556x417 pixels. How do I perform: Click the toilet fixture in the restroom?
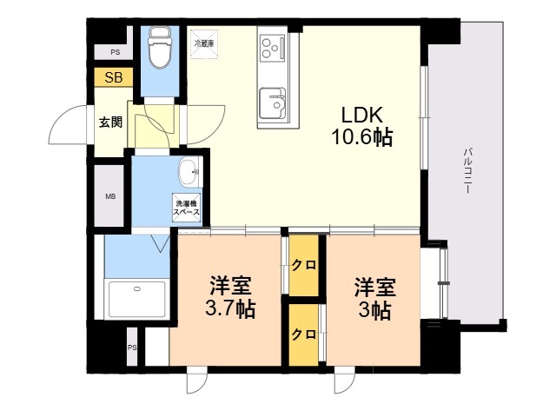[x=159, y=48]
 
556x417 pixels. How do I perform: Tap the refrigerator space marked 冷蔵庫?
[x=203, y=44]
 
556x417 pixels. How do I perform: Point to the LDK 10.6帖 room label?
[x=361, y=127]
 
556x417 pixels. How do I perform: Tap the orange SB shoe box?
[x=114, y=78]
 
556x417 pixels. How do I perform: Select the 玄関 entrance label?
[x=110, y=121]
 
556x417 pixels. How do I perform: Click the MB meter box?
[x=111, y=196]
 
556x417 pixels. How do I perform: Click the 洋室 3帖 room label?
[x=374, y=297]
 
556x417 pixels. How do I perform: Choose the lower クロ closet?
[x=304, y=334]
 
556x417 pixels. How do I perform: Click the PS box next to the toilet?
[x=114, y=53]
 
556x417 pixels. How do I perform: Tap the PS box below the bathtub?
[x=132, y=347]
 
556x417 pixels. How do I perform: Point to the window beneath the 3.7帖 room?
[x=197, y=380]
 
